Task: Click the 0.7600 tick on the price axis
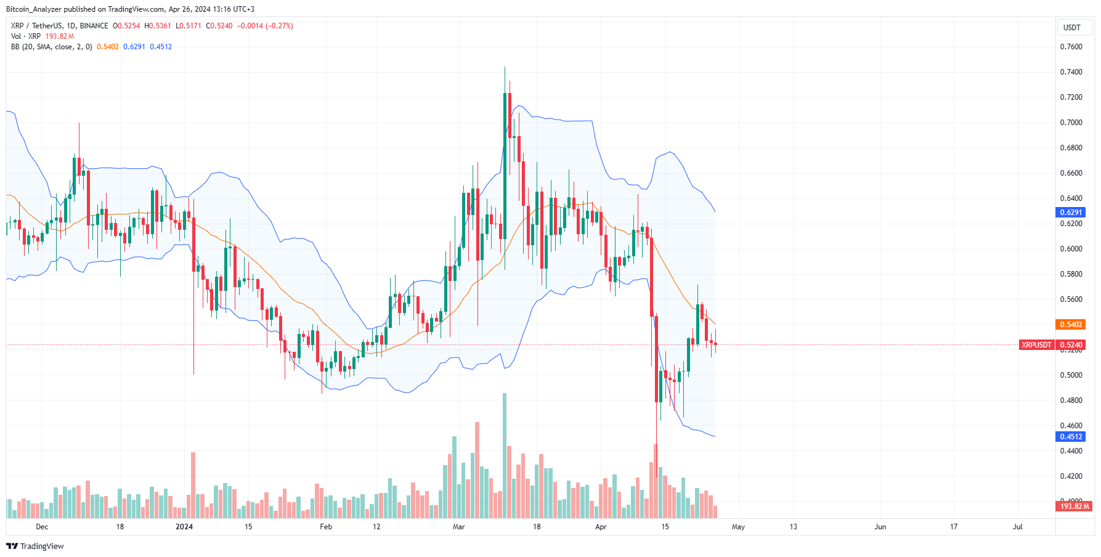pyautogui.click(x=1071, y=47)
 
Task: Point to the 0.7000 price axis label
pyautogui.click(x=1071, y=123)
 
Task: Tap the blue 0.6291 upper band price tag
pyautogui.click(x=1071, y=213)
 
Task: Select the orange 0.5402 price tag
pyautogui.click(x=1071, y=325)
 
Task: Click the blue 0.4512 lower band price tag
pyautogui.click(x=1071, y=437)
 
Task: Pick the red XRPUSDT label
pyautogui.click(x=1036, y=345)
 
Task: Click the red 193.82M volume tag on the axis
pyautogui.click(x=1075, y=506)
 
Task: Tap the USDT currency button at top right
pyautogui.click(x=1072, y=28)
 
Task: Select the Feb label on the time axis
pyautogui.click(x=326, y=527)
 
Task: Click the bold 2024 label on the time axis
pyautogui.click(x=184, y=527)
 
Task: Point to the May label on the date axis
pyautogui.click(x=738, y=527)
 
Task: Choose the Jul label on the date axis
pyautogui.click(x=1018, y=527)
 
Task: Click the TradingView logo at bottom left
pyautogui.click(x=35, y=547)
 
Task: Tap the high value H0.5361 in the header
pyautogui.click(x=158, y=26)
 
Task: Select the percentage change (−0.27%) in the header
pyautogui.click(x=279, y=26)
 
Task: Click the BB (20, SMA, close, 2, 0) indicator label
pyautogui.click(x=52, y=47)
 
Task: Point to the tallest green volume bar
pyautogui.click(x=505, y=456)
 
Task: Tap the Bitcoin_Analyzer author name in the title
pyautogui.click(x=34, y=9)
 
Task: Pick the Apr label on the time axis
pyautogui.click(x=601, y=527)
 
